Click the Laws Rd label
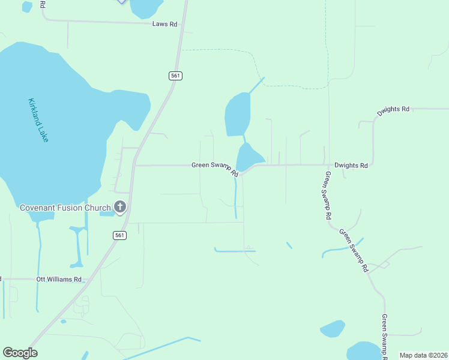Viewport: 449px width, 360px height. coord(164,25)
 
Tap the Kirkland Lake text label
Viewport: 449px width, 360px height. coord(38,120)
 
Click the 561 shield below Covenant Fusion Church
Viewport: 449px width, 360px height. coord(120,235)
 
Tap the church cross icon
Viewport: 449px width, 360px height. coord(120,208)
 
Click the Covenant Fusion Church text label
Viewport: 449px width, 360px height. coord(65,208)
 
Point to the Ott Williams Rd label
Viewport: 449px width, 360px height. coord(58,280)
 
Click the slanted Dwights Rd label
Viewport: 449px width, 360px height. coord(393,111)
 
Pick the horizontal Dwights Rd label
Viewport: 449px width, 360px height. coord(351,165)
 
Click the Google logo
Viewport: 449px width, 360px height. coord(20,353)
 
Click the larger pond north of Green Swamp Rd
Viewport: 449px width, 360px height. coord(237,114)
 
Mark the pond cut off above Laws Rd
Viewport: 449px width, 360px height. coord(145,7)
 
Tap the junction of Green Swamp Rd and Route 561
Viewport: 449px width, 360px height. coord(136,165)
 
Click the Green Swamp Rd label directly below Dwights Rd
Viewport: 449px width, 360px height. coord(328,194)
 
